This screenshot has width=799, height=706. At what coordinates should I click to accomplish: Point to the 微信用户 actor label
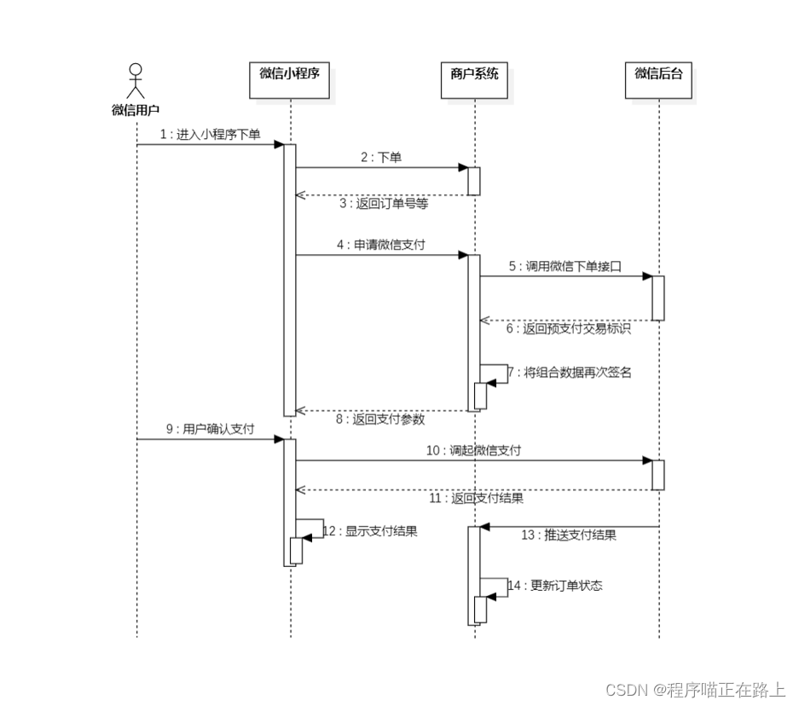[136, 110]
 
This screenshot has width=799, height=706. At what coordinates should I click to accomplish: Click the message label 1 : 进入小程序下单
[210, 135]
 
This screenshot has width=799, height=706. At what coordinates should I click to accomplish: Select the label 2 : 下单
[380, 158]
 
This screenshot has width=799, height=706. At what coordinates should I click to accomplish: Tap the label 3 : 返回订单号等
[384, 204]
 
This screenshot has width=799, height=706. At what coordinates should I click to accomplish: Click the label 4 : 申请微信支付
[380, 245]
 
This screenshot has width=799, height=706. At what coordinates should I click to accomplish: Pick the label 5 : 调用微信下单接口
[565, 266]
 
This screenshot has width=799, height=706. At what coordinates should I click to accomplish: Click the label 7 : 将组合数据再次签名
[570, 372]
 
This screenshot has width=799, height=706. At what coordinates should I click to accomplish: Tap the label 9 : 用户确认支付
[210, 430]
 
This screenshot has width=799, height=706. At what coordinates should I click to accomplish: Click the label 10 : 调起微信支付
[474, 450]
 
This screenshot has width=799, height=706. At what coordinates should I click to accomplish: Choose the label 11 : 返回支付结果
[476, 498]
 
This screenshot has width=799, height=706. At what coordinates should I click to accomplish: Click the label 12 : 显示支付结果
[371, 530]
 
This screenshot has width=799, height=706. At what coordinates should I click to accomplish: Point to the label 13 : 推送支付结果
[569, 535]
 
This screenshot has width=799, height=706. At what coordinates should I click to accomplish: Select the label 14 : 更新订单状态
[555, 586]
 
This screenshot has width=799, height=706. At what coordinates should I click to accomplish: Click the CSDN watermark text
[695, 689]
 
